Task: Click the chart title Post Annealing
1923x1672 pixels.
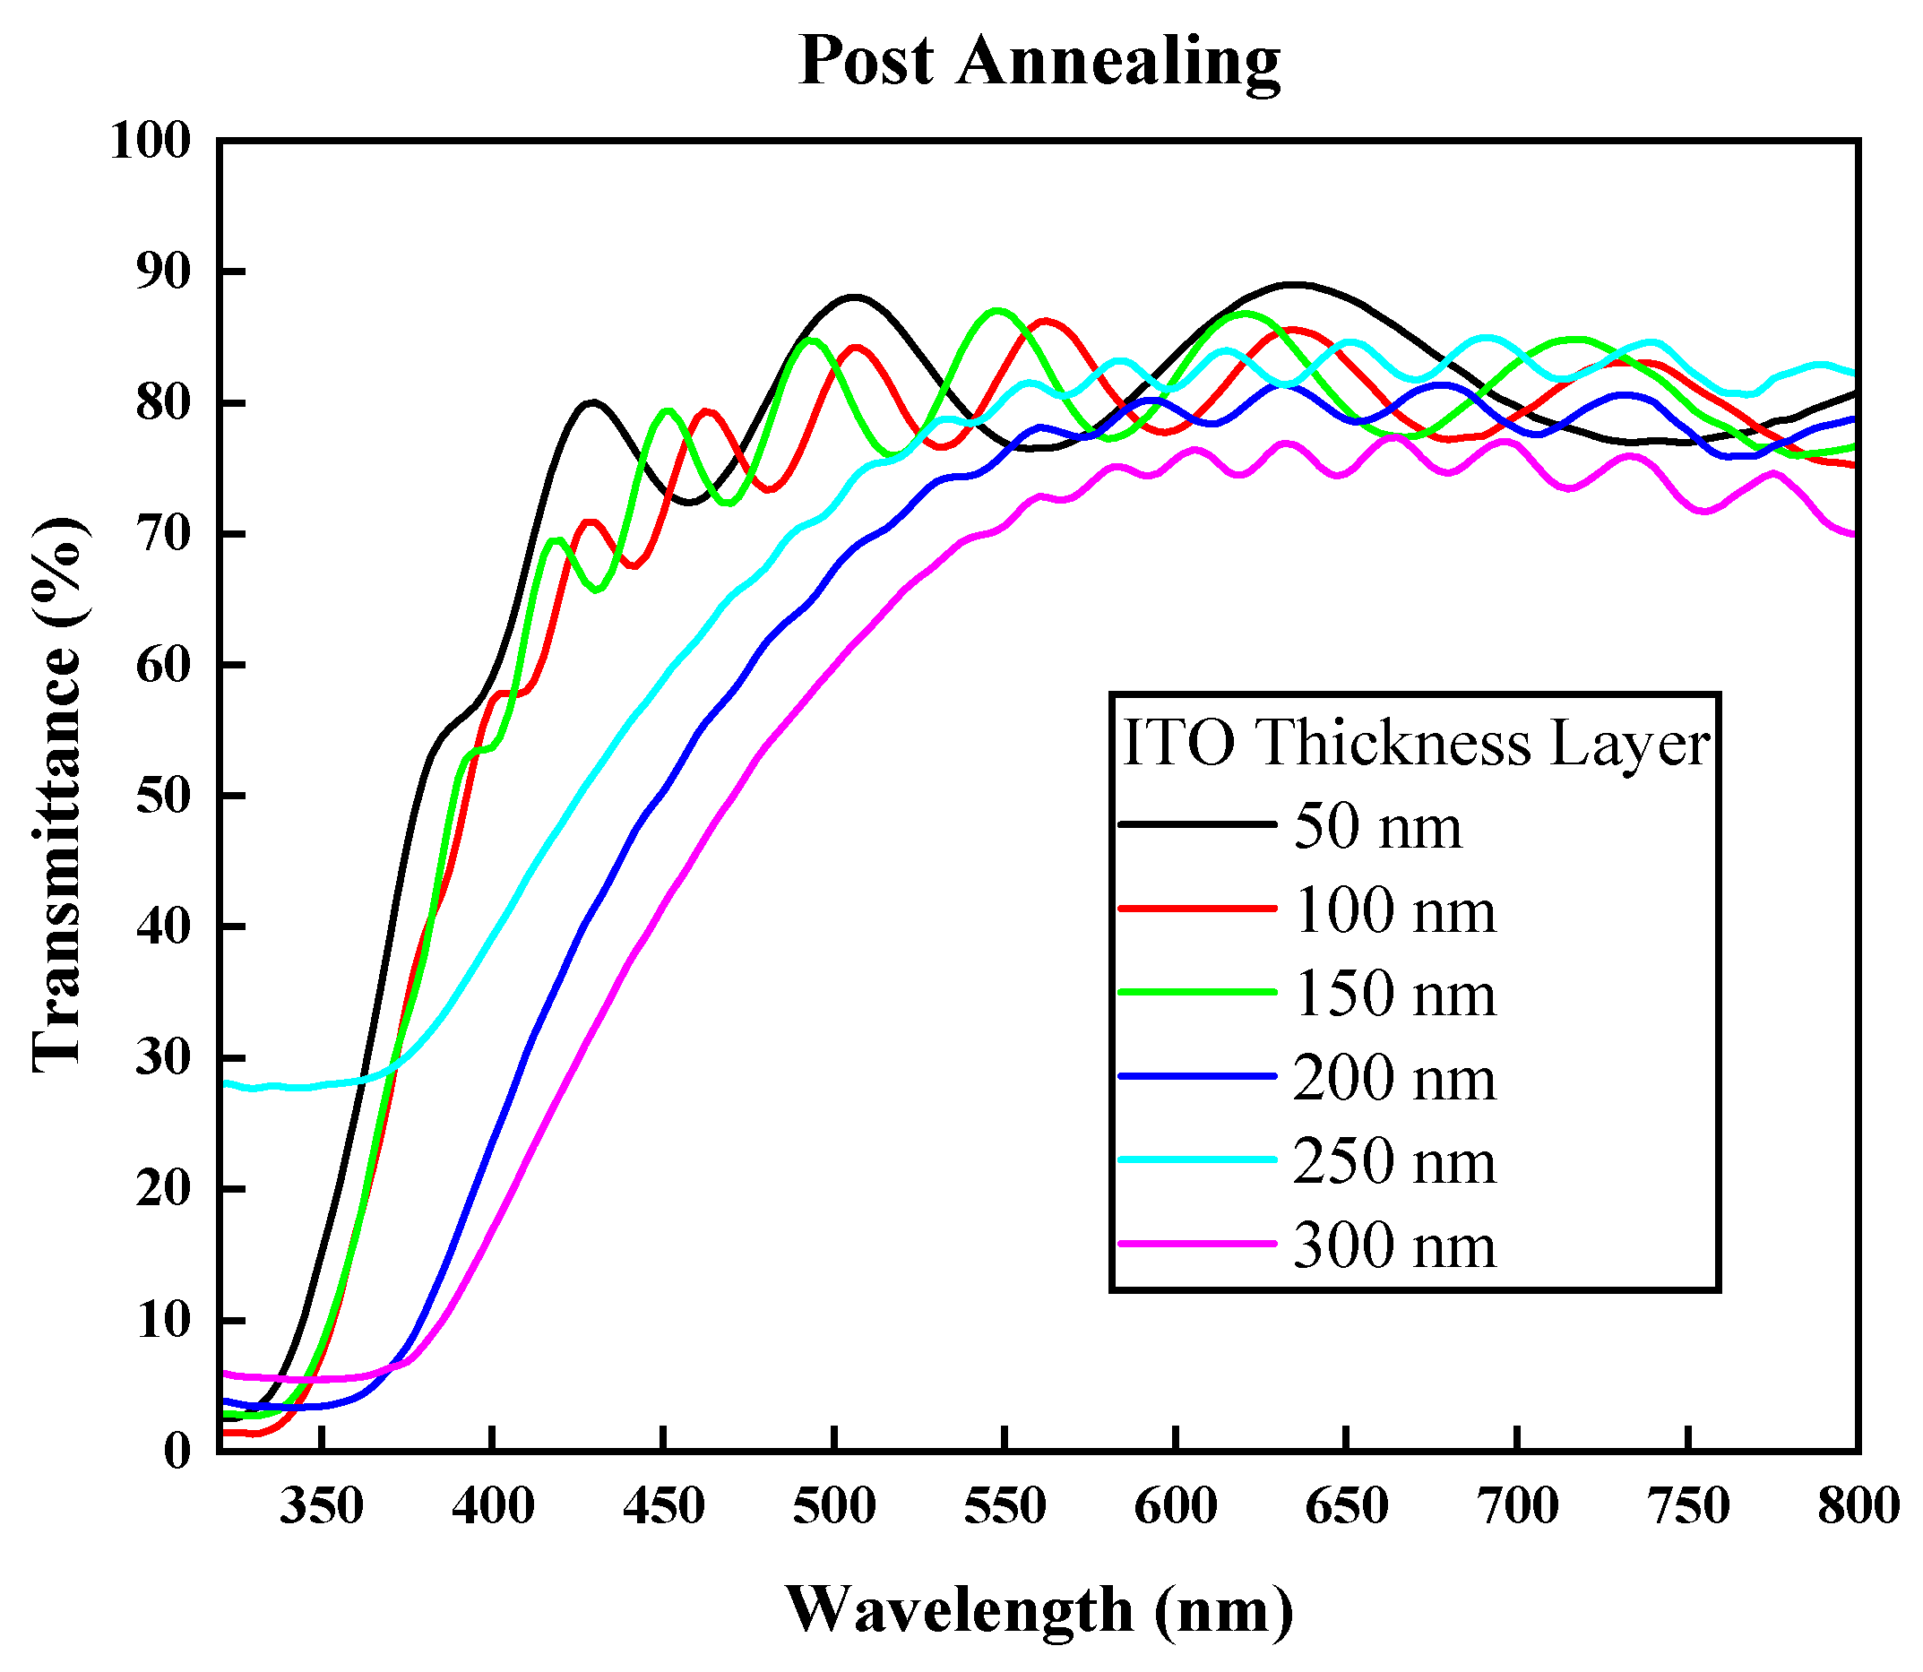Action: coord(1039,61)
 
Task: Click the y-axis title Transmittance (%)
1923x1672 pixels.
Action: coord(58,794)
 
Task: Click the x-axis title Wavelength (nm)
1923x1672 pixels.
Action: coord(1039,1609)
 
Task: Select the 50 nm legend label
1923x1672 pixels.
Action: coord(1377,827)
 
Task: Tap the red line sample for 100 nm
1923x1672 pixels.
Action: coord(1197,908)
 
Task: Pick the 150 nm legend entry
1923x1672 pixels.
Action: coord(1394,993)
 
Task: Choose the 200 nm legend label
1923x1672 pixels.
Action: coord(1394,1078)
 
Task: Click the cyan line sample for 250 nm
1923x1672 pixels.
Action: coord(1197,1159)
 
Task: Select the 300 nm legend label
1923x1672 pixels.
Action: coord(1394,1245)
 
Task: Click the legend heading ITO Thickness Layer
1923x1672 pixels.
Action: coord(1416,744)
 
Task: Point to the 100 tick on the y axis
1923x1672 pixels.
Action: coord(151,142)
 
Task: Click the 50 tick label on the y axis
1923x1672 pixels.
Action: coord(163,797)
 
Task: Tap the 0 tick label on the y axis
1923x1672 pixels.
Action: coord(177,1452)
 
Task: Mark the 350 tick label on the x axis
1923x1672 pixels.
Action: coord(321,1507)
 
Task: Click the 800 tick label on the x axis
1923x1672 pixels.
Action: coord(1858,1507)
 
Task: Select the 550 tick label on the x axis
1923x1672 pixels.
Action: coord(1004,1507)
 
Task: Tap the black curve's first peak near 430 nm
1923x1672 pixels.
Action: coord(592,402)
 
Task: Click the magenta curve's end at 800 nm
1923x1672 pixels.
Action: coord(1855,535)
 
